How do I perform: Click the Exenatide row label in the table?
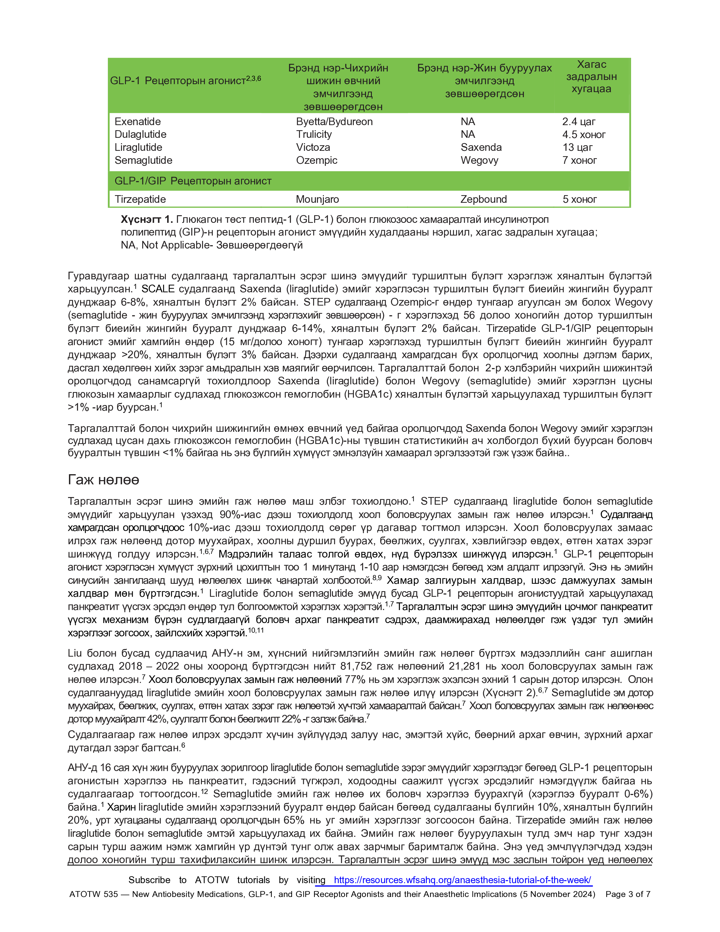click(137, 122)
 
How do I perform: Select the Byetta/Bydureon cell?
click(334, 122)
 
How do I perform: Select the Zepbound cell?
click(483, 199)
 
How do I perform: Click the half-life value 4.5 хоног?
click(584, 135)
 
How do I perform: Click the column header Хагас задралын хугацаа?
click(591, 77)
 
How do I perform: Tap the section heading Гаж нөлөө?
click(103, 480)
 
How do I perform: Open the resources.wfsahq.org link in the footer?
click(462, 880)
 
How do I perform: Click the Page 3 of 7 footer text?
click(628, 894)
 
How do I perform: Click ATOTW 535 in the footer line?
click(93, 894)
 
